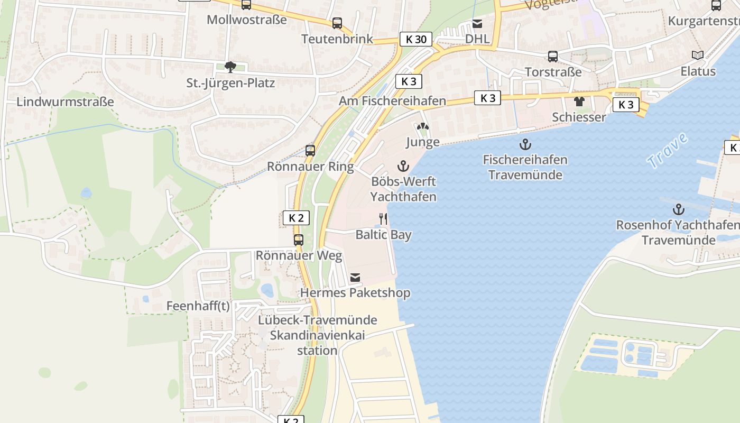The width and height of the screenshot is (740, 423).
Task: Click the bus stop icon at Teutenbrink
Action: pyautogui.click(x=337, y=23)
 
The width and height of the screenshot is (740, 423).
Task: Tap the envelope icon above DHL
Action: pyautogui.click(x=477, y=24)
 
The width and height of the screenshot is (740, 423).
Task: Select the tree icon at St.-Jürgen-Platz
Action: pyautogui.click(x=230, y=67)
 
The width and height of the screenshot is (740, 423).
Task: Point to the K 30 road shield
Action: pyautogui.click(x=415, y=39)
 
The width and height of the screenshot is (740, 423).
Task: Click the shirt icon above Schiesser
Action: pyautogui.click(x=579, y=102)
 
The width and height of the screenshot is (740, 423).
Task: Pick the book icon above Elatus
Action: pyautogui.click(x=698, y=56)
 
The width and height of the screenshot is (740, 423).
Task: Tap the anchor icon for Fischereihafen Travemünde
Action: pyautogui.click(x=525, y=144)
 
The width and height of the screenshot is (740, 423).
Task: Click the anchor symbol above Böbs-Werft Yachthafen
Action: pyautogui.click(x=403, y=166)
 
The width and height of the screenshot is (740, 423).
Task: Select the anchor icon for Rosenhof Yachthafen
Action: pyautogui.click(x=679, y=209)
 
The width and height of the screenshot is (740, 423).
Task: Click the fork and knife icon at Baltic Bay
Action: pyautogui.click(x=383, y=218)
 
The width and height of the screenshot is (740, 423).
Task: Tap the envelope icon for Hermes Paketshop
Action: pyautogui.click(x=355, y=278)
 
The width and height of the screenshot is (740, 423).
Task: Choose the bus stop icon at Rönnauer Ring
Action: pyautogui.click(x=310, y=151)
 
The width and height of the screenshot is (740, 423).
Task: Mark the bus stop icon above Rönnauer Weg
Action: pyautogui.click(x=299, y=240)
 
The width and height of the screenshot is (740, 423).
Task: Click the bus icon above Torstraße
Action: pyautogui.click(x=553, y=57)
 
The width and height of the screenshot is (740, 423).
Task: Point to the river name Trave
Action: pyautogui.click(x=668, y=151)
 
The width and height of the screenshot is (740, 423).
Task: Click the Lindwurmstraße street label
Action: pyautogui.click(x=65, y=102)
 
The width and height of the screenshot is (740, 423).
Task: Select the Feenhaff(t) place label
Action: pyautogui.click(x=198, y=306)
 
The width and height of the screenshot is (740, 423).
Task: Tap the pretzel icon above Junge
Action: pyautogui.click(x=422, y=127)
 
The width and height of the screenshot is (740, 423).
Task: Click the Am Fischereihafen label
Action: pyautogui.click(x=392, y=100)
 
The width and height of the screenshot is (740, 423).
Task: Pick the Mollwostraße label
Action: pyautogui.click(x=246, y=20)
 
